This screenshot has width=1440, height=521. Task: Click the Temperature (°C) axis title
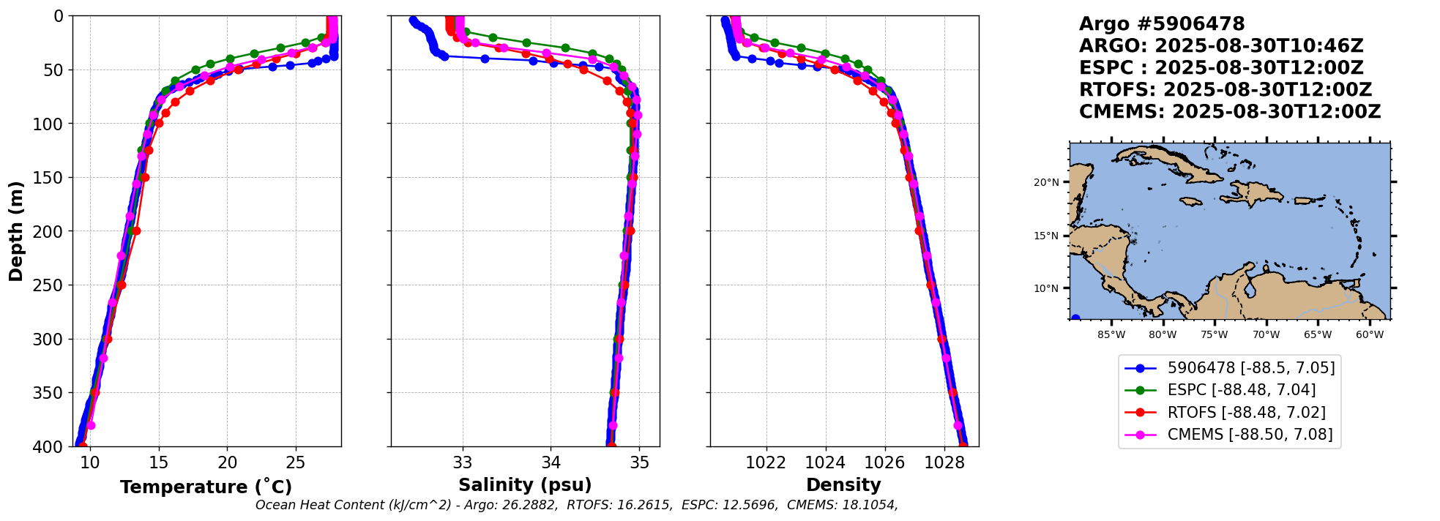click(206, 487)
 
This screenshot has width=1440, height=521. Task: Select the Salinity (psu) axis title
click(525, 485)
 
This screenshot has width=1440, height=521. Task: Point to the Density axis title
click(843, 485)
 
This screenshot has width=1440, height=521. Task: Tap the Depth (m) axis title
click(15, 231)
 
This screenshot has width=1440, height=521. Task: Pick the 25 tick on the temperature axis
click(295, 463)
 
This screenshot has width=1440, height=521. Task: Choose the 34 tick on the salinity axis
click(551, 463)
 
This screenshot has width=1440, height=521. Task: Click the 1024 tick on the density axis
click(825, 463)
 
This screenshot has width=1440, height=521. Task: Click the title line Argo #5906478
click(1162, 24)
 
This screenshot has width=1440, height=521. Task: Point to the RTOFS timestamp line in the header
click(1226, 90)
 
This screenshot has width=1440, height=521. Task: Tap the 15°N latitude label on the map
click(1046, 236)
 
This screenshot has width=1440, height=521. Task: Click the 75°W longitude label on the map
click(1214, 335)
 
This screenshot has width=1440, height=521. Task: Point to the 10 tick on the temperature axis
click(89, 463)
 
